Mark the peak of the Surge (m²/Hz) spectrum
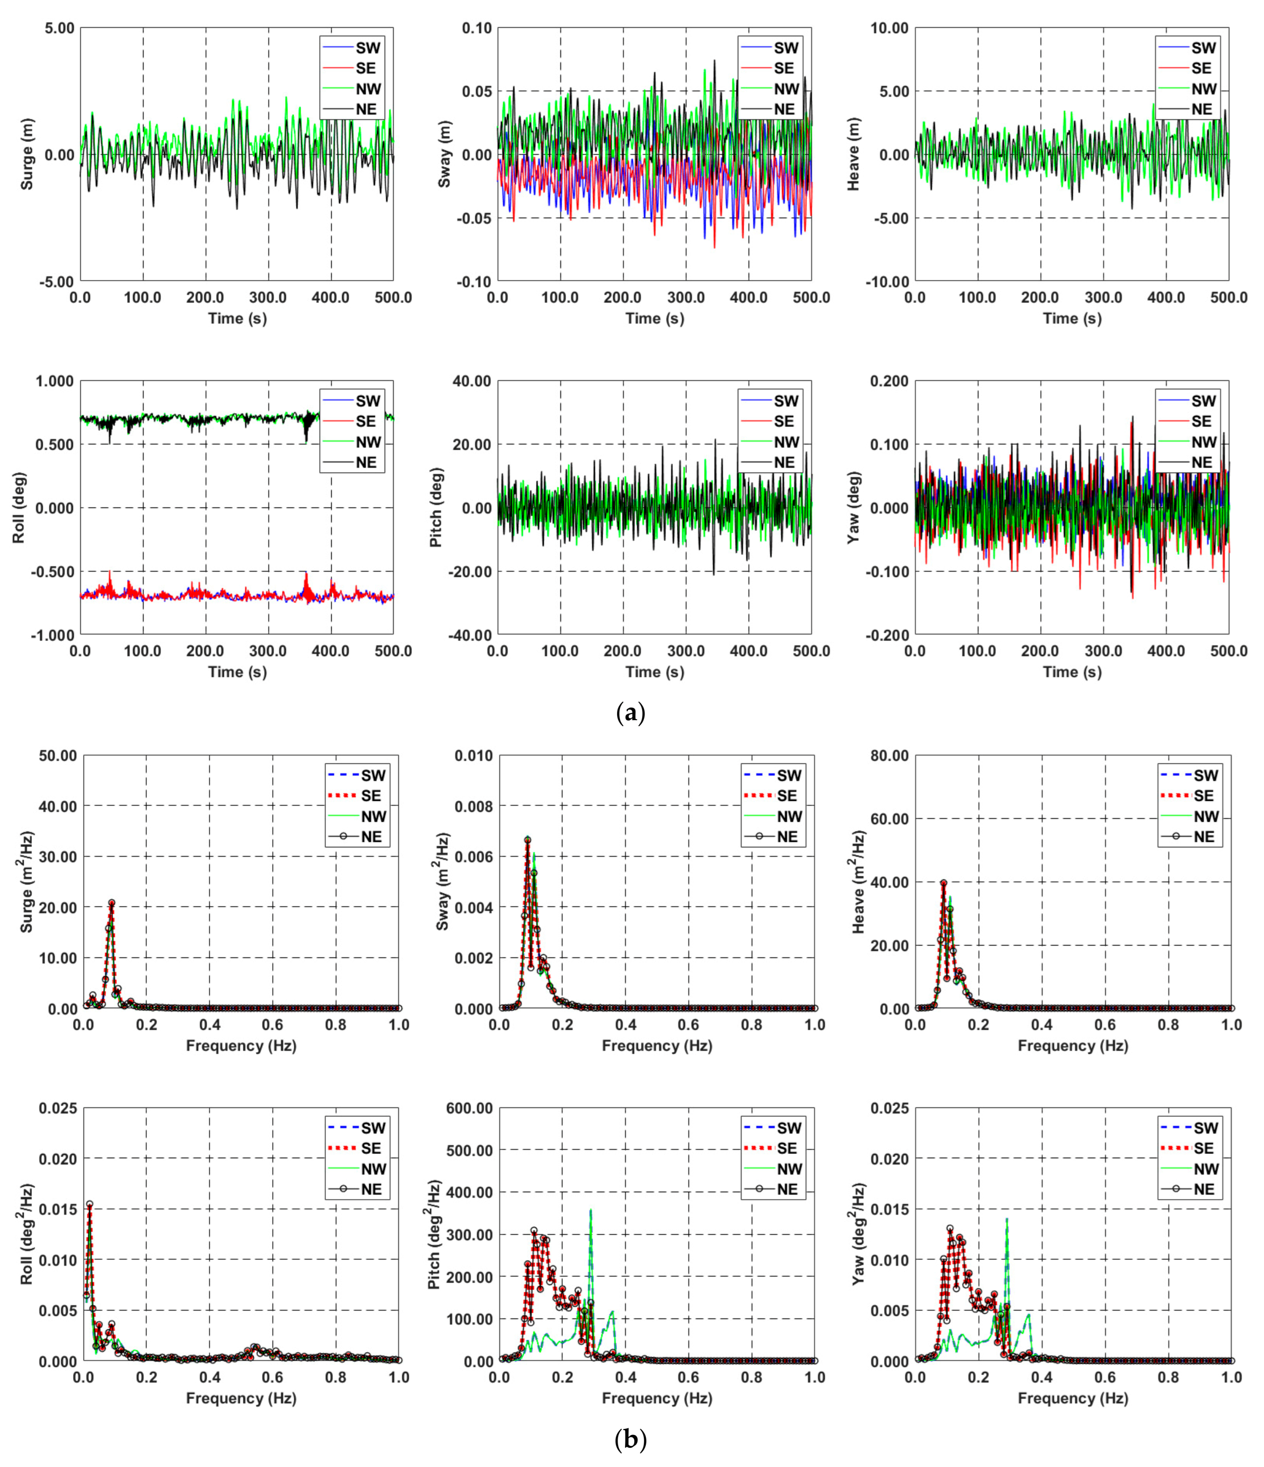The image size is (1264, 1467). (111, 903)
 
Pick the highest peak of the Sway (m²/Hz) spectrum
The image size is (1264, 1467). (527, 840)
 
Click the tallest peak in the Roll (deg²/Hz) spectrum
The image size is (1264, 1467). (89, 1204)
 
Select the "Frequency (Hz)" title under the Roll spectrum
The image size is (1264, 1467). (241, 1398)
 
